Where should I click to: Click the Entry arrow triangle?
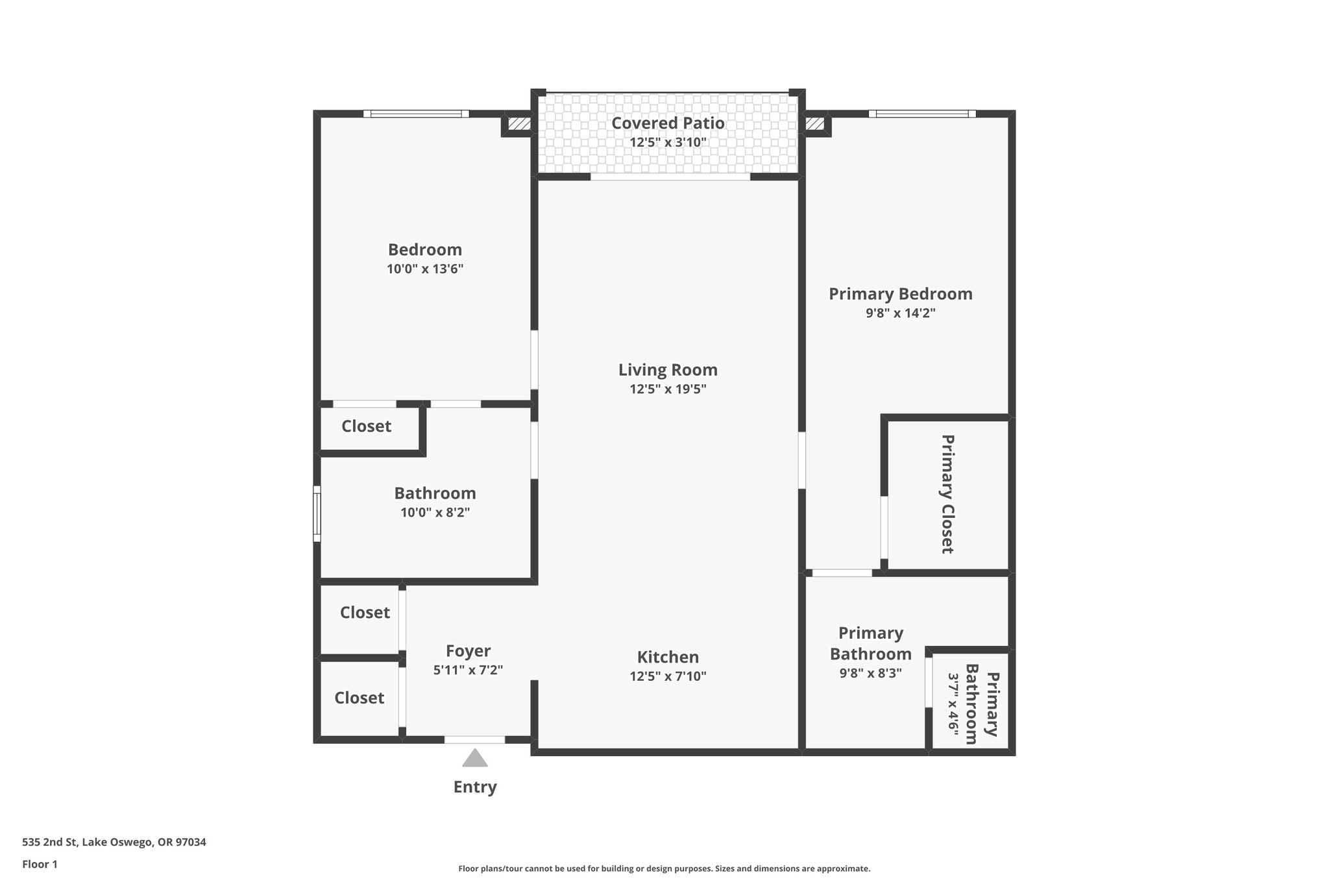(x=474, y=758)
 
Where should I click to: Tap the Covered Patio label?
(x=668, y=123)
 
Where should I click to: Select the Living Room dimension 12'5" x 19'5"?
(x=668, y=389)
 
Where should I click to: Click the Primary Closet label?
(x=947, y=494)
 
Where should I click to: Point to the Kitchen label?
(x=668, y=657)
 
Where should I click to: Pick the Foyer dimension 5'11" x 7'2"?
(x=468, y=670)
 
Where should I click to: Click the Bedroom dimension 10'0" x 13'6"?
(x=425, y=269)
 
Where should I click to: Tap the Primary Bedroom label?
(x=901, y=294)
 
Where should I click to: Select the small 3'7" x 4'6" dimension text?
(x=953, y=702)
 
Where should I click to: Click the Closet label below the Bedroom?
(x=366, y=426)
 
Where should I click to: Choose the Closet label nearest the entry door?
(x=359, y=698)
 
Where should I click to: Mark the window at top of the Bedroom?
(x=416, y=114)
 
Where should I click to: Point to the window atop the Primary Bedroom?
(x=922, y=114)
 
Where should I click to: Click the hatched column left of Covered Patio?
(x=518, y=123)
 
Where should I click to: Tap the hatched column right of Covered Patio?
(x=815, y=123)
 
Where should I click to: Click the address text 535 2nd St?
(x=114, y=842)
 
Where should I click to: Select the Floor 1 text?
(x=40, y=864)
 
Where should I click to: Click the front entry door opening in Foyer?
(x=474, y=739)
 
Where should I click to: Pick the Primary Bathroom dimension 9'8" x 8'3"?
(x=870, y=673)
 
